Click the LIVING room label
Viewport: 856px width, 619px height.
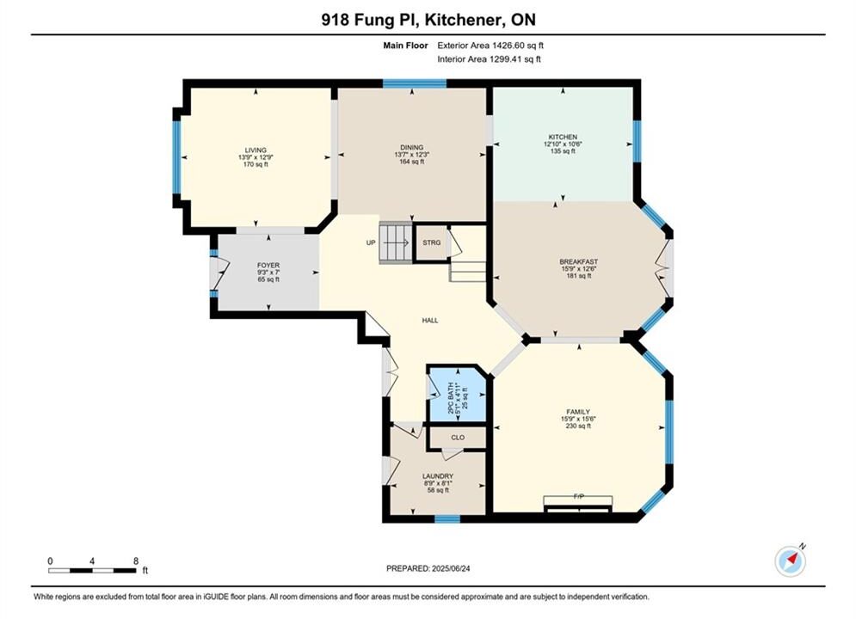[x=256, y=150]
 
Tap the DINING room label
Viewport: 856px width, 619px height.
[x=411, y=147]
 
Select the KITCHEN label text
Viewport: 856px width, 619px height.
[x=563, y=137]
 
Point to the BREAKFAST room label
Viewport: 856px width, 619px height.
[x=579, y=261]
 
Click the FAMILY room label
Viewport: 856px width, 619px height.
[x=578, y=412]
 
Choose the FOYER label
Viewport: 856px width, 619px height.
[x=268, y=266]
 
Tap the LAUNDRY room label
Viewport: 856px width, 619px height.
[x=438, y=476]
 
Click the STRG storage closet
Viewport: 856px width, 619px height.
[x=431, y=242]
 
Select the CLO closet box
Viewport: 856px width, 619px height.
[x=458, y=438]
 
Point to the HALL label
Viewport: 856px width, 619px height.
[x=430, y=321]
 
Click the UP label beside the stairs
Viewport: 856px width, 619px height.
[x=371, y=242]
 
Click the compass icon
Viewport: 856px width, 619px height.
[x=790, y=561]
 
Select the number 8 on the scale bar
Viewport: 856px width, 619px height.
[x=136, y=561]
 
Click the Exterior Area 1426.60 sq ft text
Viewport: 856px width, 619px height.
[x=490, y=46]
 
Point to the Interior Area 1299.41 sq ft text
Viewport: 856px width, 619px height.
[x=490, y=59]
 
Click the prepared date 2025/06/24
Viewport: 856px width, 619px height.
[x=451, y=568]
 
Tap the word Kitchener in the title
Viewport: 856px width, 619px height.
[x=465, y=20]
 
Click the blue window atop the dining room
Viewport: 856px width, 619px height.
[x=415, y=83]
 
